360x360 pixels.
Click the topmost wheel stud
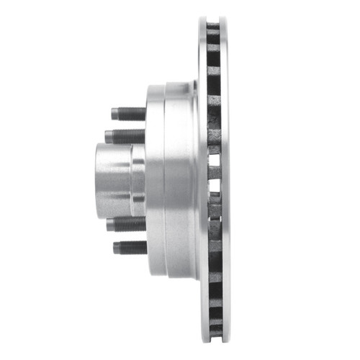point(129,114)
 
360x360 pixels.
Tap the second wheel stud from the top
point(125,136)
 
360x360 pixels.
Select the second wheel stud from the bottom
point(127,224)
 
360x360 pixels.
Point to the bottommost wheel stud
point(130,248)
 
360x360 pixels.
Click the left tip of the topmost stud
point(113,114)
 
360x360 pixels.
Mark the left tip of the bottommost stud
point(114,248)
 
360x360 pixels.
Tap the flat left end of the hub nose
point(97,180)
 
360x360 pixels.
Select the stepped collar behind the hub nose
point(138,180)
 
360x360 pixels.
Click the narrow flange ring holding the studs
point(154,180)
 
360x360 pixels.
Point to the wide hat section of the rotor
point(180,180)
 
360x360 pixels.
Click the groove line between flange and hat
point(165,180)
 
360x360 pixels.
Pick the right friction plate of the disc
point(224,180)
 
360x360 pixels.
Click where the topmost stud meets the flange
point(146,114)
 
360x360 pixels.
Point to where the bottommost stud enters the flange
point(146,248)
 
